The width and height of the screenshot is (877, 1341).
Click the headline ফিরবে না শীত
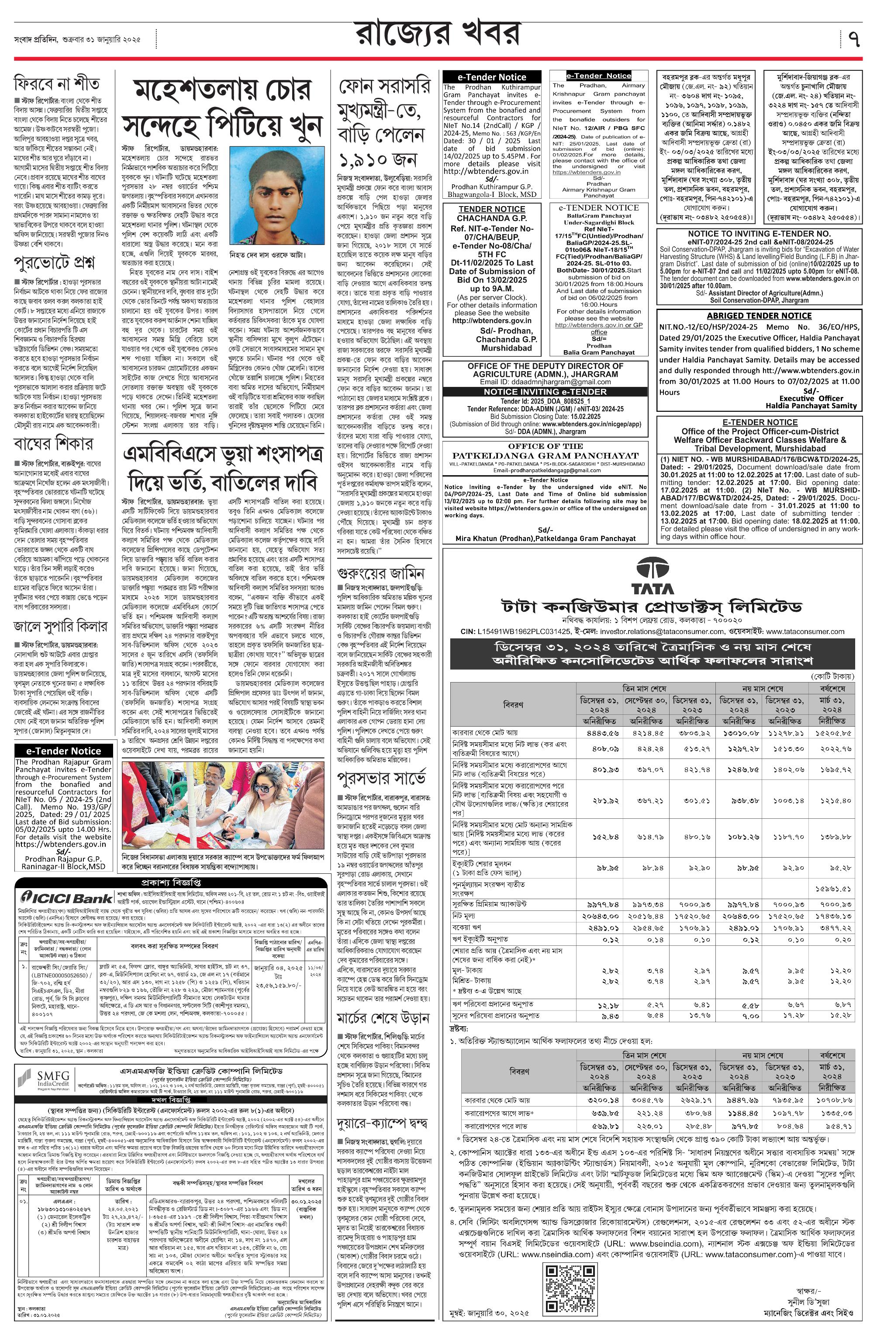tap(57, 84)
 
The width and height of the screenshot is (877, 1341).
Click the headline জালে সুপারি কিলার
tap(60, 627)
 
